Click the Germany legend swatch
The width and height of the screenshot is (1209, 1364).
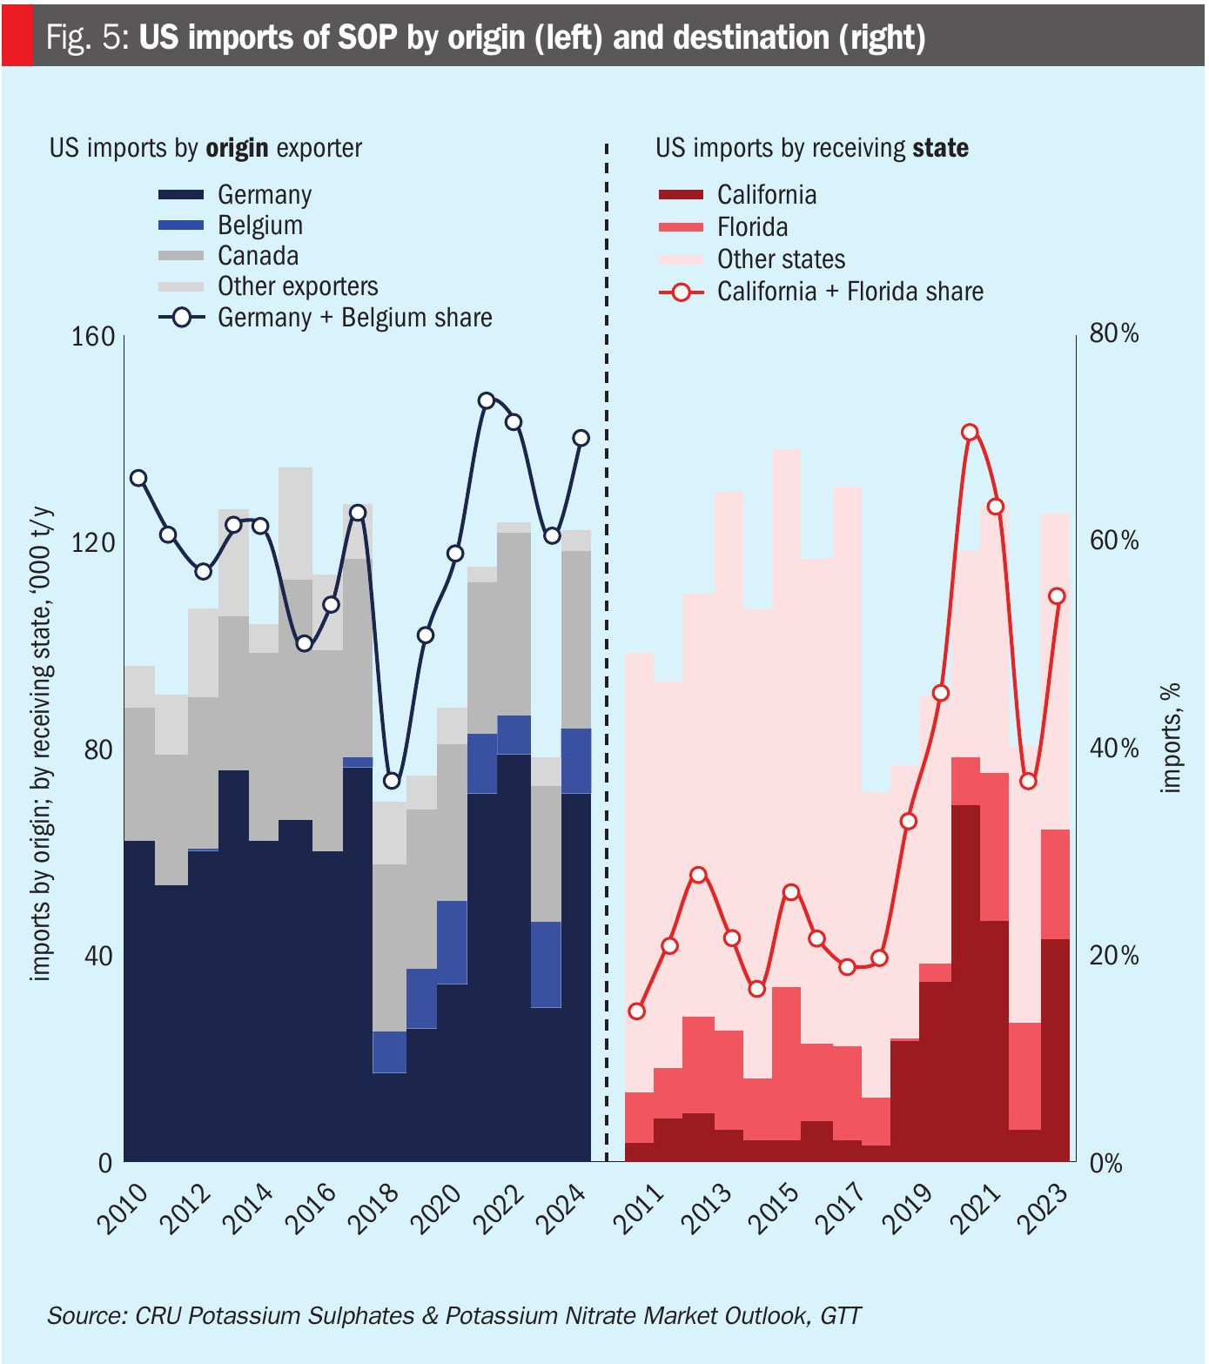(181, 194)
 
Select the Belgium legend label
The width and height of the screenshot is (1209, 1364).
(259, 225)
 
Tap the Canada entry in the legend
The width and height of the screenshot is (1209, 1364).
(258, 256)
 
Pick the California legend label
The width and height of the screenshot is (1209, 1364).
(766, 195)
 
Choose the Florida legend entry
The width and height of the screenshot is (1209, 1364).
(752, 227)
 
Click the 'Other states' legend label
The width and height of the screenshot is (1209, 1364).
(781, 259)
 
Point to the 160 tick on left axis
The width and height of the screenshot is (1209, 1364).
(93, 336)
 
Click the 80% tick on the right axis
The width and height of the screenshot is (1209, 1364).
(1113, 333)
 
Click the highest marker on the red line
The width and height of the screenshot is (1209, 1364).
(971, 433)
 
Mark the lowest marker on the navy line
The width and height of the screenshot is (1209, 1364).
(392, 781)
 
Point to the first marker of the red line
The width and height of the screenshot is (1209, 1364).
(637, 1011)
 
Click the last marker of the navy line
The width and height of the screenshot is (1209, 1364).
(581, 438)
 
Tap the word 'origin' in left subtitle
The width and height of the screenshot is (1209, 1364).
(237, 148)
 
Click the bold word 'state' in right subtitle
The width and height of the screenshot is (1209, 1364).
(940, 148)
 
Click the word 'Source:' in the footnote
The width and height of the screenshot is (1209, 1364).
(87, 1315)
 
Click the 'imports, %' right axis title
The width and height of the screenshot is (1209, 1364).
(1172, 737)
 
